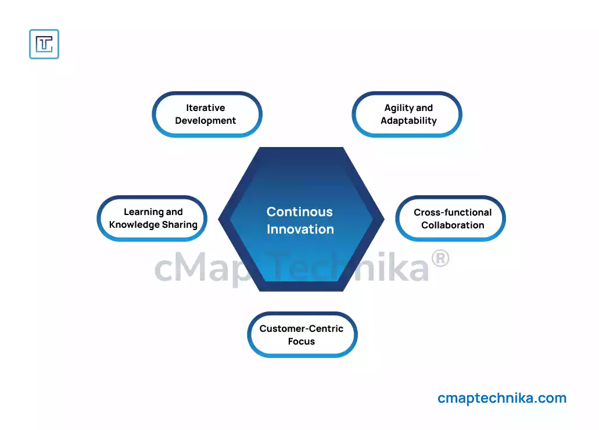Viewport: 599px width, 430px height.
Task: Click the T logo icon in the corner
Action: click(x=44, y=44)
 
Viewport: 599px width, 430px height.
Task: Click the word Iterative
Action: click(x=206, y=107)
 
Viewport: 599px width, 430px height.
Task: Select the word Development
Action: click(x=206, y=121)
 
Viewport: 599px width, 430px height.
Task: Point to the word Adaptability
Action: click(x=408, y=121)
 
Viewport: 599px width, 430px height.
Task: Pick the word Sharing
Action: click(x=180, y=225)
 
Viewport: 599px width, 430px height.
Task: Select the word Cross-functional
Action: click(x=453, y=212)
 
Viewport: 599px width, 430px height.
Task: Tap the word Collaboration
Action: click(x=453, y=225)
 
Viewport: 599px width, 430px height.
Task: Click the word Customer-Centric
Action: click(x=302, y=328)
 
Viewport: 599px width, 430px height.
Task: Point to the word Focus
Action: click(x=302, y=342)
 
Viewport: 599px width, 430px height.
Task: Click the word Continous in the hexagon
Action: click(x=300, y=212)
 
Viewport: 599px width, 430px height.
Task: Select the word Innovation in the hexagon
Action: click(x=300, y=230)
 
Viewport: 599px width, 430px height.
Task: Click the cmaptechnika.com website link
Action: click(x=502, y=398)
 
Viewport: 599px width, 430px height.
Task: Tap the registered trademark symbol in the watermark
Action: click(x=440, y=259)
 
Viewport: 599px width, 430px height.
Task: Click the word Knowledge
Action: click(x=134, y=225)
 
